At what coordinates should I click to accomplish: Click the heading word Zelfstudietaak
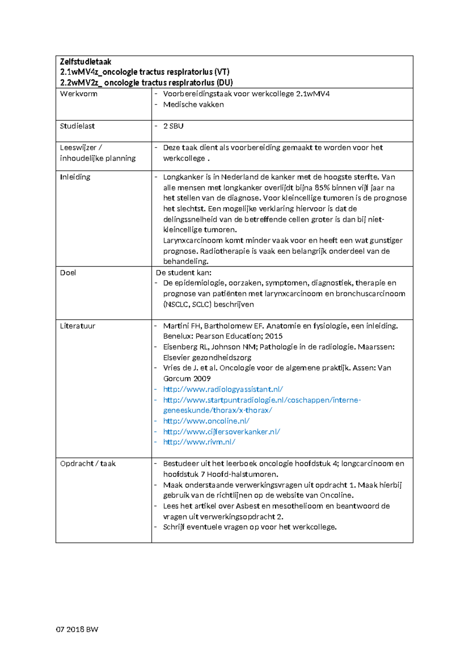(85, 62)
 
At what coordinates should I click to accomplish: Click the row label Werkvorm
(79, 94)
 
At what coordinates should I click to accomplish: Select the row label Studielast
(77, 126)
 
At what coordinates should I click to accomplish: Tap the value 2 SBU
(173, 126)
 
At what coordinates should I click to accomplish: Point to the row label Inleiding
(75, 177)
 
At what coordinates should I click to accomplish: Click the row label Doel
(68, 272)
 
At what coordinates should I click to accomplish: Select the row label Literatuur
(77, 326)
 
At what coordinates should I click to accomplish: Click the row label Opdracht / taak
(88, 464)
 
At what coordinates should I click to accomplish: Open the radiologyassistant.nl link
(223, 389)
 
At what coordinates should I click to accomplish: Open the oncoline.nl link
(206, 421)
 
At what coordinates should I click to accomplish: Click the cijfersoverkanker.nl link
(221, 432)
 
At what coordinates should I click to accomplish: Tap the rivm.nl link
(199, 442)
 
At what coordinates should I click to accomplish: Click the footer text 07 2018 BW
(77, 629)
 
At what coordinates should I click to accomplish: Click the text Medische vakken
(193, 105)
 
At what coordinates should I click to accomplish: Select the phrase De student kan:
(183, 272)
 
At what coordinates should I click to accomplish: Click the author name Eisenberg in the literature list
(180, 347)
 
